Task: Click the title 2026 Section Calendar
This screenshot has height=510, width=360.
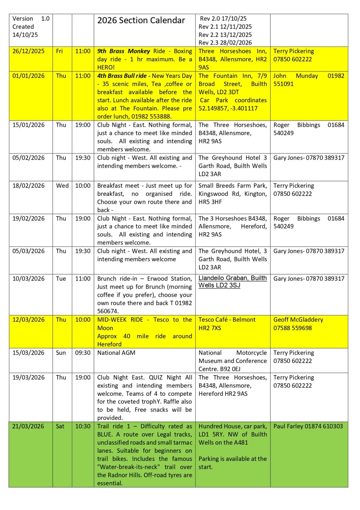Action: (x=141, y=21)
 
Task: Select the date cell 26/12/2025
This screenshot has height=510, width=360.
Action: (x=29, y=51)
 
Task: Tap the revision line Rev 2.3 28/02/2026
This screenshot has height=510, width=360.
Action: (x=225, y=42)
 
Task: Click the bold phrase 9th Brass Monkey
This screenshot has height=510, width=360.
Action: (x=123, y=51)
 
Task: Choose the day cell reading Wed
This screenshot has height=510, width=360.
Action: (x=62, y=186)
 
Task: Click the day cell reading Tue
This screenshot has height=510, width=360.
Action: (x=61, y=279)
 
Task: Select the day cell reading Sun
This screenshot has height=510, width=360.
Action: (x=61, y=353)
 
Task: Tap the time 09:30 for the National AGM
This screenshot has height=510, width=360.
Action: (x=83, y=353)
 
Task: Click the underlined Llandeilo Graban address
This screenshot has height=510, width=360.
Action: (x=232, y=282)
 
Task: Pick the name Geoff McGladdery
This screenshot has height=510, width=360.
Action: (x=298, y=319)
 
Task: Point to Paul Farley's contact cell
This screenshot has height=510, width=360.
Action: (x=308, y=426)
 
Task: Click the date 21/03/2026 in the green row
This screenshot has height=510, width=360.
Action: (x=28, y=426)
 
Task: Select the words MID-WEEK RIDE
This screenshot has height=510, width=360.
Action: (x=120, y=319)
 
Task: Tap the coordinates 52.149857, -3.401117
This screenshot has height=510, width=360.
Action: (x=228, y=108)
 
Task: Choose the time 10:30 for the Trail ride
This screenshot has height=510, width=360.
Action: (x=83, y=426)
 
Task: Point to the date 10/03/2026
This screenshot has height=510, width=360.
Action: (x=29, y=279)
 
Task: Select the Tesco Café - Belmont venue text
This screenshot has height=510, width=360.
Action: (x=227, y=319)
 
